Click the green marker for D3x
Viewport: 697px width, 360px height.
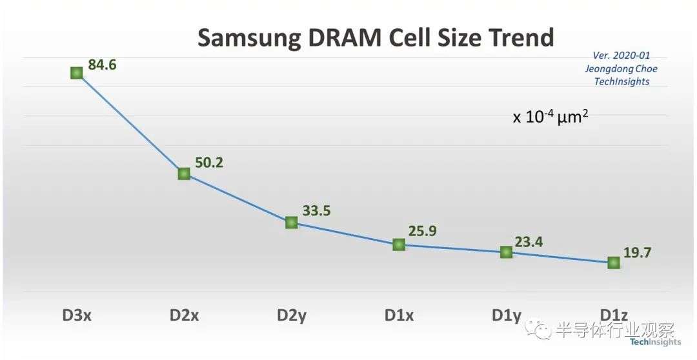coord(76,73)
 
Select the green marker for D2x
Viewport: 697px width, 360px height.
coord(184,174)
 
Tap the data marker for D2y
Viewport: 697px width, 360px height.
coord(291,222)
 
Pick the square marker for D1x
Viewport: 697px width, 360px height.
coord(399,245)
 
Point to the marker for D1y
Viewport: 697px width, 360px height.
coord(506,252)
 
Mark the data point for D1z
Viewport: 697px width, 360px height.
coord(614,263)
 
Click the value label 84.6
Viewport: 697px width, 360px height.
coord(102,65)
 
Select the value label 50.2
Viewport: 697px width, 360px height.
coord(209,163)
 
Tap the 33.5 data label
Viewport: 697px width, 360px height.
coord(316,211)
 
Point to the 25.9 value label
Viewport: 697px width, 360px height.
coord(422,232)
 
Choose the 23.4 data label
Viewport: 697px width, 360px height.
coord(529,242)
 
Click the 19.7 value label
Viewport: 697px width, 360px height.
coord(637,253)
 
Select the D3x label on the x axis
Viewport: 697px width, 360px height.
coord(76,315)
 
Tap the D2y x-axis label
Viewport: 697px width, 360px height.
coord(292,316)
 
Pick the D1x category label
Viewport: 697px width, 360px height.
coord(399,315)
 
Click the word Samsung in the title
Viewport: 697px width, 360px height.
coord(248,38)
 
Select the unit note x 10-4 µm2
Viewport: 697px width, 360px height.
coord(551,117)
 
